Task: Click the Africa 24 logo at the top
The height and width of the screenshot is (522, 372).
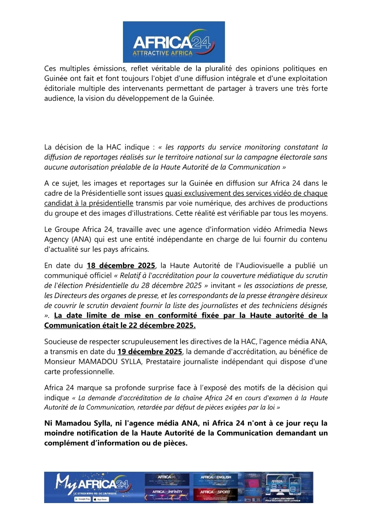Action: pos(174,42)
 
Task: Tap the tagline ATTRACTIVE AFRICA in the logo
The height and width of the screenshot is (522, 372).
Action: pos(163,53)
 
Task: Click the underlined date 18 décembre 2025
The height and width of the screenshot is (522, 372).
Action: pos(121,265)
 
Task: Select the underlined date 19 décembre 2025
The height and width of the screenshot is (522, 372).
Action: pos(149,352)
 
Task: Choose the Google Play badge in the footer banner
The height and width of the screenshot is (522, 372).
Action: pos(83,499)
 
